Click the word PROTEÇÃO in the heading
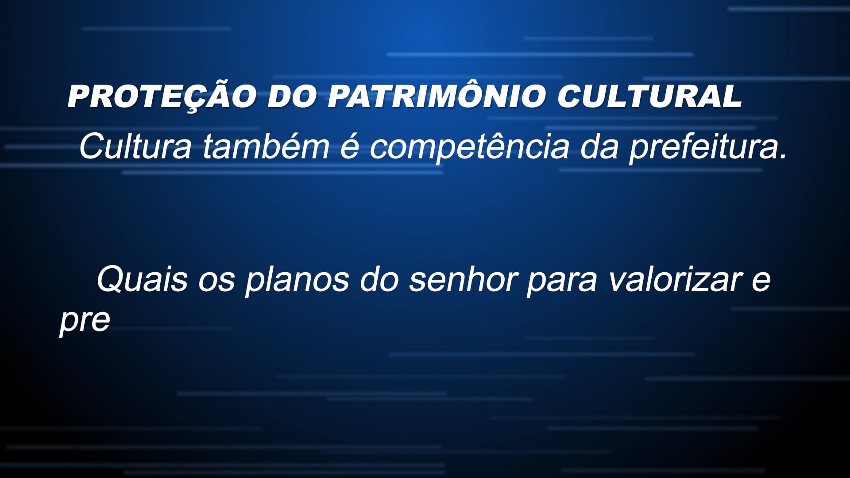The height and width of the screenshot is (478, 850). [x=162, y=96]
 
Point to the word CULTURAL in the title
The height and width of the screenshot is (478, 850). [x=649, y=96]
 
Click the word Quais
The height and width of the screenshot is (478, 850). [x=142, y=279]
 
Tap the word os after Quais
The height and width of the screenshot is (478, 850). [x=216, y=282]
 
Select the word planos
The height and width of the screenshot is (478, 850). [x=297, y=281]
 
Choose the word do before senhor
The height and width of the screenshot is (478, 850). [x=380, y=279]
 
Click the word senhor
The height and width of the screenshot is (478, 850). [x=463, y=279]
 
